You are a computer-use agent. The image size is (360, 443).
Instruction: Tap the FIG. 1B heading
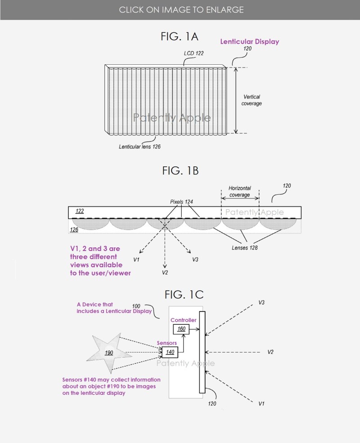(x=179, y=171)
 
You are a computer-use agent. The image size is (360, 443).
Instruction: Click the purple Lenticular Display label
(x=249, y=42)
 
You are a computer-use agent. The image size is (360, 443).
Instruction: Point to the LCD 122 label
(x=193, y=53)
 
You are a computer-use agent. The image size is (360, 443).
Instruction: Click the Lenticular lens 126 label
(x=139, y=147)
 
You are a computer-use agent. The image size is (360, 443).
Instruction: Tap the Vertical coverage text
(x=252, y=100)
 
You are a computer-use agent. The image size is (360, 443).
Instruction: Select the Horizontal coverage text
(x=239, y=192)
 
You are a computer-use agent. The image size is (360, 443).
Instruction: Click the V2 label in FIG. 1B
(x=165, y=273)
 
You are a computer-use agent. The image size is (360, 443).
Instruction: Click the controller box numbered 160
(x=181, y=329)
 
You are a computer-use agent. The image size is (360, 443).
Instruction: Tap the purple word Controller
(x=183, y=320)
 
